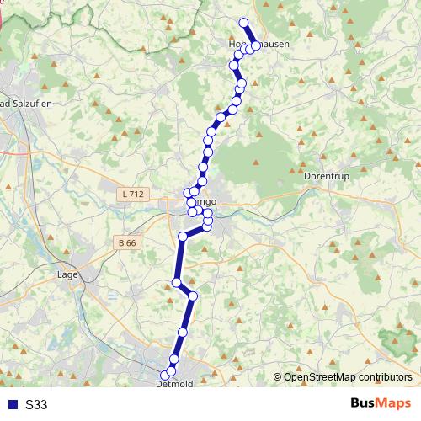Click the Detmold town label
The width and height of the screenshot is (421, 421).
[174, 384]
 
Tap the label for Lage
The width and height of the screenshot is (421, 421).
[67, 274]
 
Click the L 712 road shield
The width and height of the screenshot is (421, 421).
[133, 195]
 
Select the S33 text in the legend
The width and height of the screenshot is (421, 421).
[36, 405]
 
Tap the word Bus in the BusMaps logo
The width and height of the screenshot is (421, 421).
[364, 403]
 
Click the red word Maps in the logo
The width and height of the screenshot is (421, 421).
[395, 403]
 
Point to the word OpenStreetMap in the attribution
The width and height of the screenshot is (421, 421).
[320, 377]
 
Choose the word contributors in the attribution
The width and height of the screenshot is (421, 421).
[385, 377]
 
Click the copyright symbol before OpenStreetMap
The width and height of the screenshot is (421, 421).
[278, 377]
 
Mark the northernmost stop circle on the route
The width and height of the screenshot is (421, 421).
[244, 23]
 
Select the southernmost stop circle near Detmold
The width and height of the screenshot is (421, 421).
[165, 376]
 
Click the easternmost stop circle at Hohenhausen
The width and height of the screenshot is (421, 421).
[256, 45]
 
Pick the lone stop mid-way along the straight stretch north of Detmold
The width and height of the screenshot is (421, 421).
[183, 333]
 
